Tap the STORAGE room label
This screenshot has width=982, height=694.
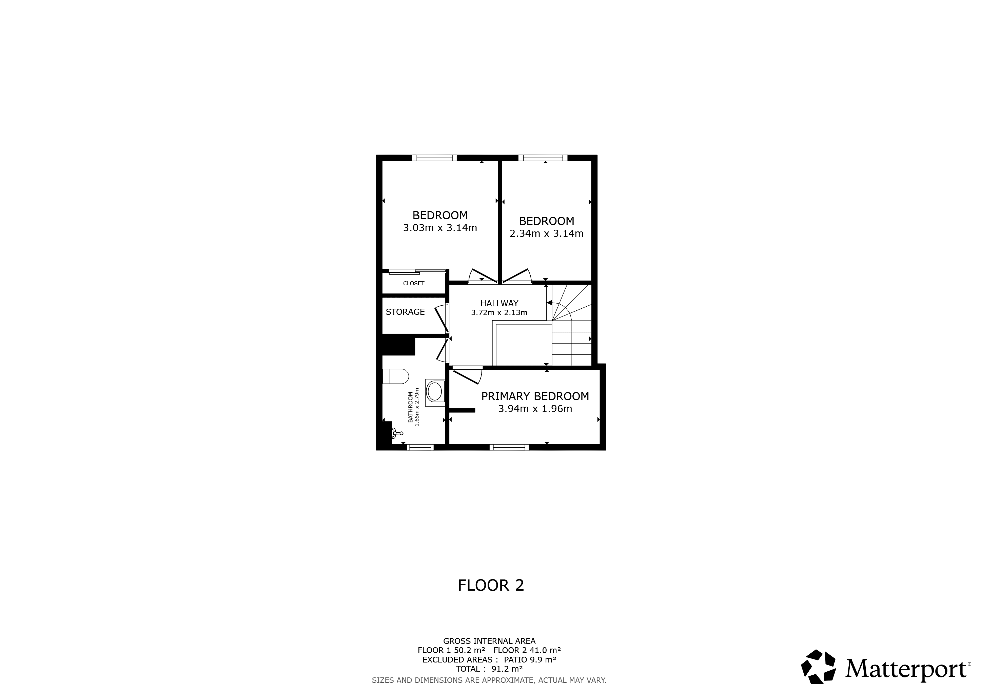[x=405, y=312]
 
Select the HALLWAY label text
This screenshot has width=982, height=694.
[x=499, y=303]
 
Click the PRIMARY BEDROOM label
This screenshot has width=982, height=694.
[x=535, y=396]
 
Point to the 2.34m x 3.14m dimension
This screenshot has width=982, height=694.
[x=546, y=233]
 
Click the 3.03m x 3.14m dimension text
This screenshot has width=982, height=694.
[x=440, y=228]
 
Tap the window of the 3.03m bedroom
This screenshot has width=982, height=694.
[x=434, y=158]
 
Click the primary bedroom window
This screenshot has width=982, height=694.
[x=509, y=447]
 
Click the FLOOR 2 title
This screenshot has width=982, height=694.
[x=491, y=585]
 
